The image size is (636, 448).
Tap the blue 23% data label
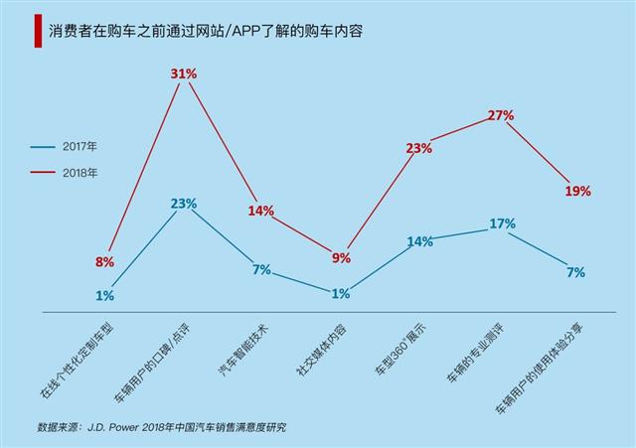coord(184,204)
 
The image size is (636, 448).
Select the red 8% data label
coord(104,262)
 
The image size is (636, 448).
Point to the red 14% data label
coord(260,211)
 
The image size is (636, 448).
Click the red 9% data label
coord(341,258)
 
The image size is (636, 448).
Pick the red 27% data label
coord(501,115)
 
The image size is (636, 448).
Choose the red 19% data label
coord(578,190)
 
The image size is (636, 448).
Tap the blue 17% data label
coord(503,224)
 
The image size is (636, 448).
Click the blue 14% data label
coord(420,241)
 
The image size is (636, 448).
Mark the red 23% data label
coord(418,149)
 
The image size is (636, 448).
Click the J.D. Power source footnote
coord(160,428)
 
